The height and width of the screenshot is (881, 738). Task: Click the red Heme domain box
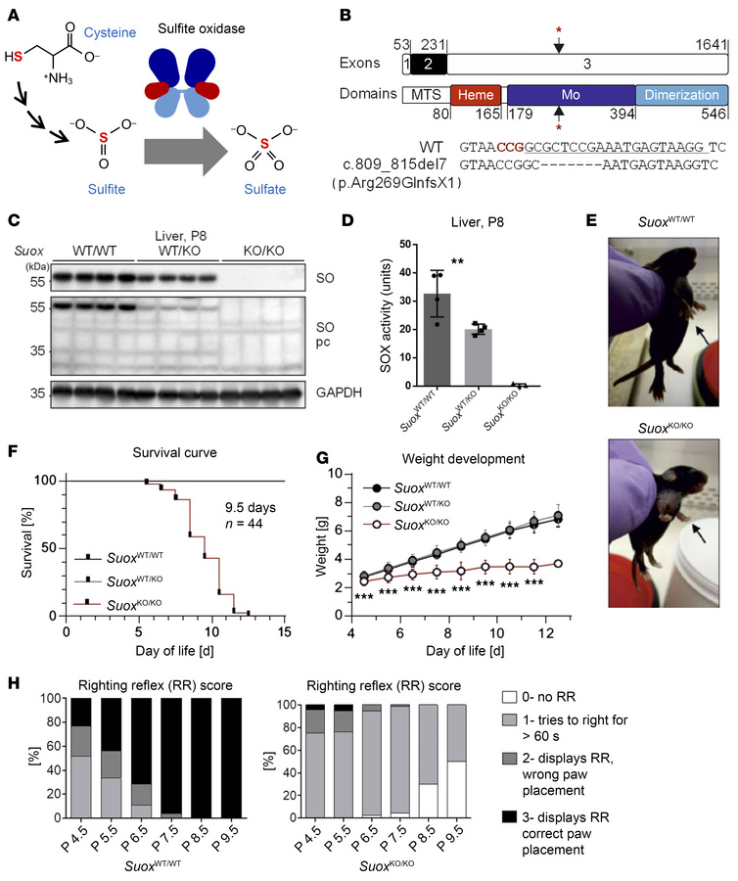tap(476, 95)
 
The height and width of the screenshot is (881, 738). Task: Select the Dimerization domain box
tap(681, 95)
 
